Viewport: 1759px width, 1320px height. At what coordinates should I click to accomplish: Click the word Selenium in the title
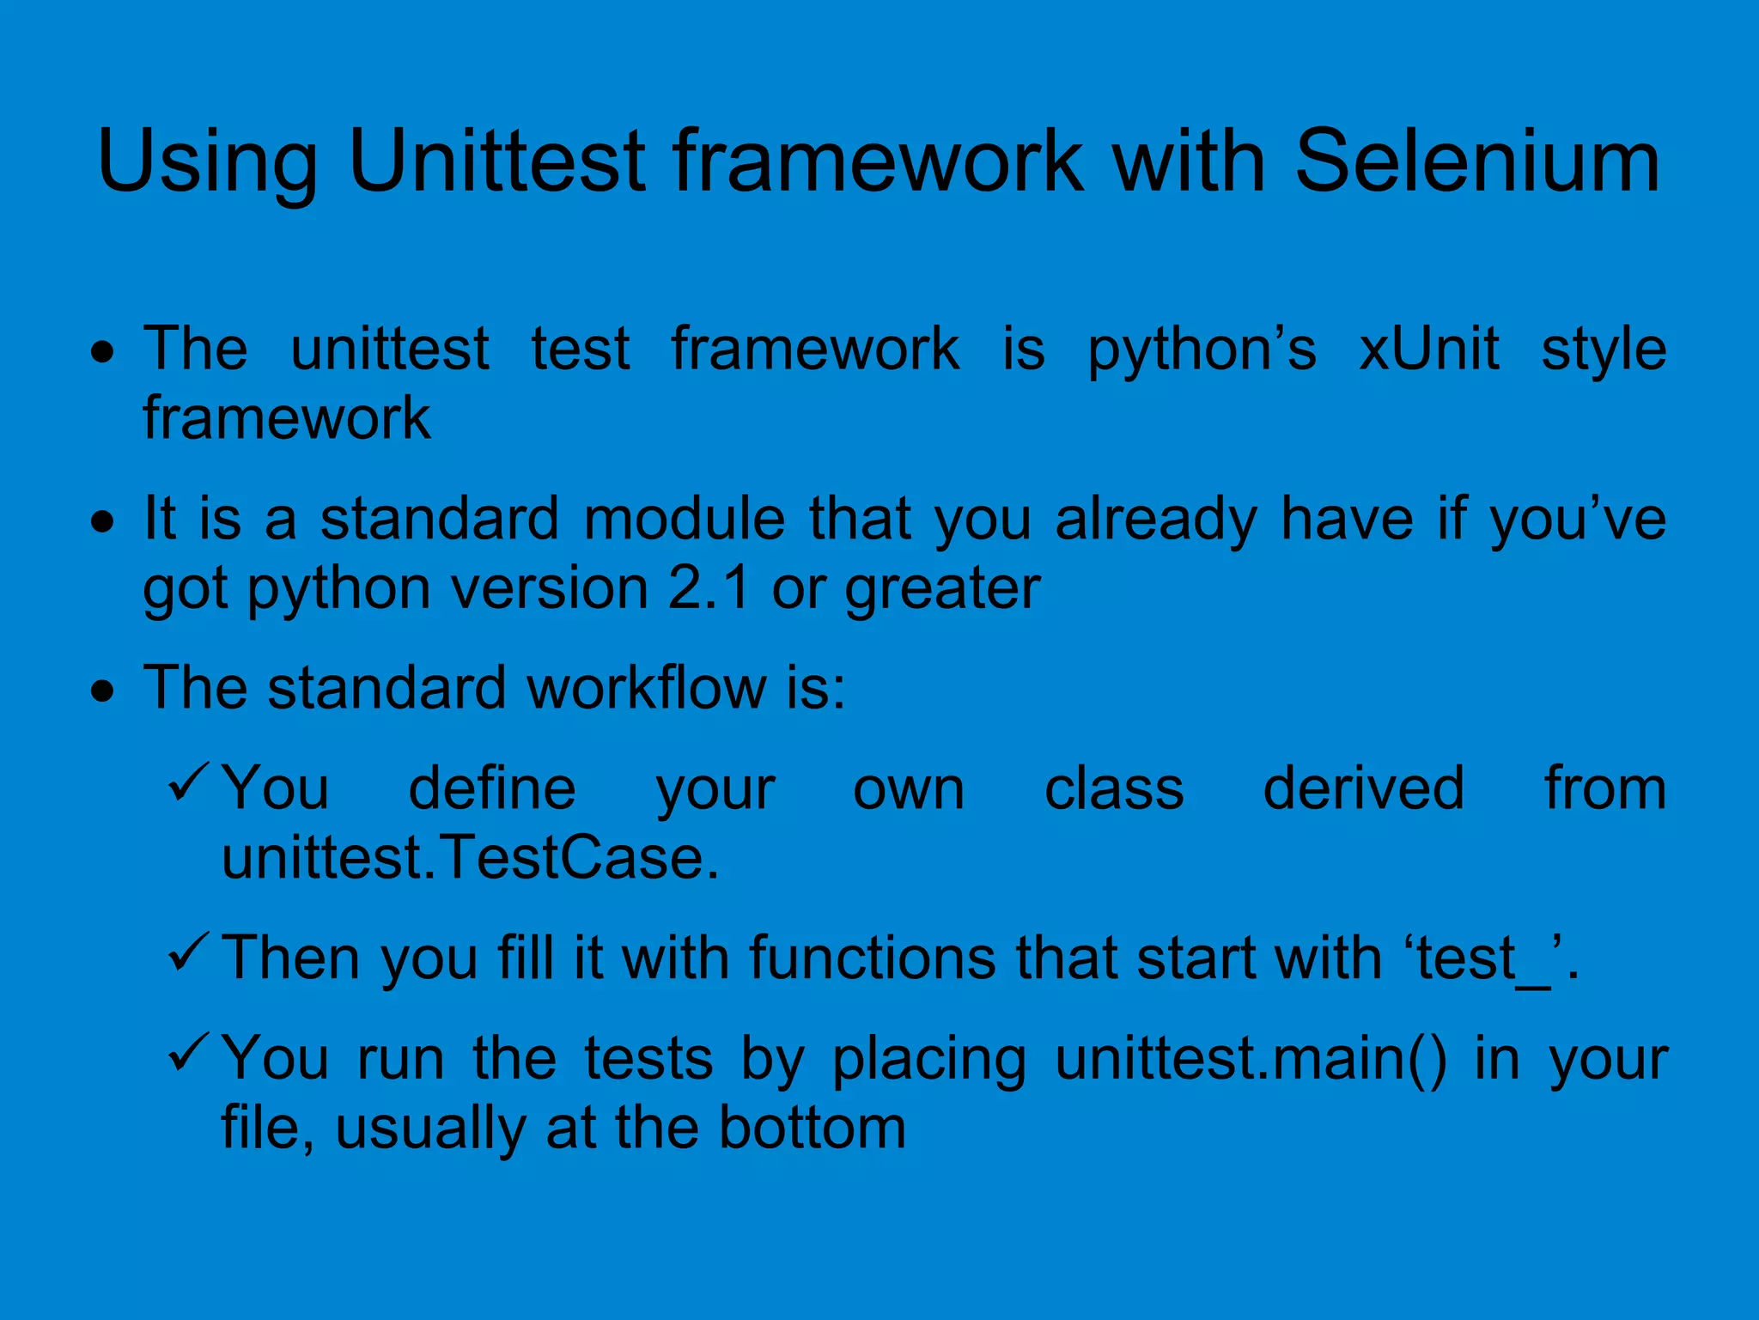[1476, 161]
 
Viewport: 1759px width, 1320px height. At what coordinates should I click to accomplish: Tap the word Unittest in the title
[496, 161]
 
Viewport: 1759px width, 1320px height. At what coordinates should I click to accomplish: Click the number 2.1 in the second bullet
[709, 588]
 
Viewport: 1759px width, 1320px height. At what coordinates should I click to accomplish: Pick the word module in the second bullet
[684, 519]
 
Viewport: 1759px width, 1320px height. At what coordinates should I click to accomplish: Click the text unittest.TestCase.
[470, 858]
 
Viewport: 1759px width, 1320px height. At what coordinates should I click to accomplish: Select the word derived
[1363, 788]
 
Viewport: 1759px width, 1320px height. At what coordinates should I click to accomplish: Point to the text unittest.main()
[1250, 1059]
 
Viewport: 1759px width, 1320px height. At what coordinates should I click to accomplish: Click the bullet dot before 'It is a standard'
[103, 521]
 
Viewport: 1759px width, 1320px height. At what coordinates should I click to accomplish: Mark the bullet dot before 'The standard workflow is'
[103, 690]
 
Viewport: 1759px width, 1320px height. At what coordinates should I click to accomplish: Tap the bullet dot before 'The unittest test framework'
[103, 351]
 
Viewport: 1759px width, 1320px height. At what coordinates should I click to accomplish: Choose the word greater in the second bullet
[942, 590]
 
